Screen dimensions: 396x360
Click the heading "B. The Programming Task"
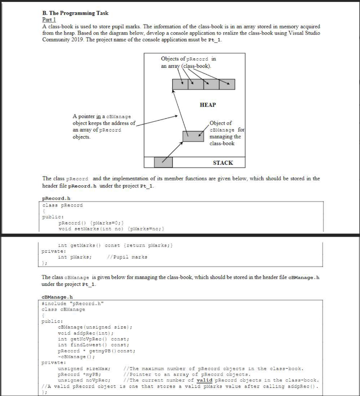click(x=75, y=13)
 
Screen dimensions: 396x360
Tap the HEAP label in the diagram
click(x=208, y=105)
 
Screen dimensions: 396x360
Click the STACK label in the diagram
click(x=223, y=162)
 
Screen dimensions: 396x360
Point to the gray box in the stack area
click(x=163, y=162)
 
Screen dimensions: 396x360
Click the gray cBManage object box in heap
click(x=193, y=136)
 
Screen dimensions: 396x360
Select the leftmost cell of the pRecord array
click(x=180, y=84)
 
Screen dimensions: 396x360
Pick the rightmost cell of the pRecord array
click(x=227, y=84)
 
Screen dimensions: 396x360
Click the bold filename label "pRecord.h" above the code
click(x=55, y=199)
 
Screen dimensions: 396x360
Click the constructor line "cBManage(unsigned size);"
click(x=95, y=327)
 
